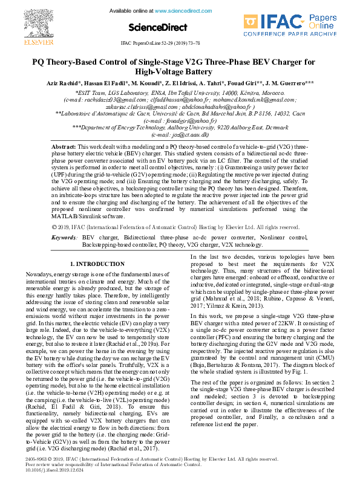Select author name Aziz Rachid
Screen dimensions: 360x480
[62, 82]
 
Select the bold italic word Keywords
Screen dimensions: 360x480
[64, 238]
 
